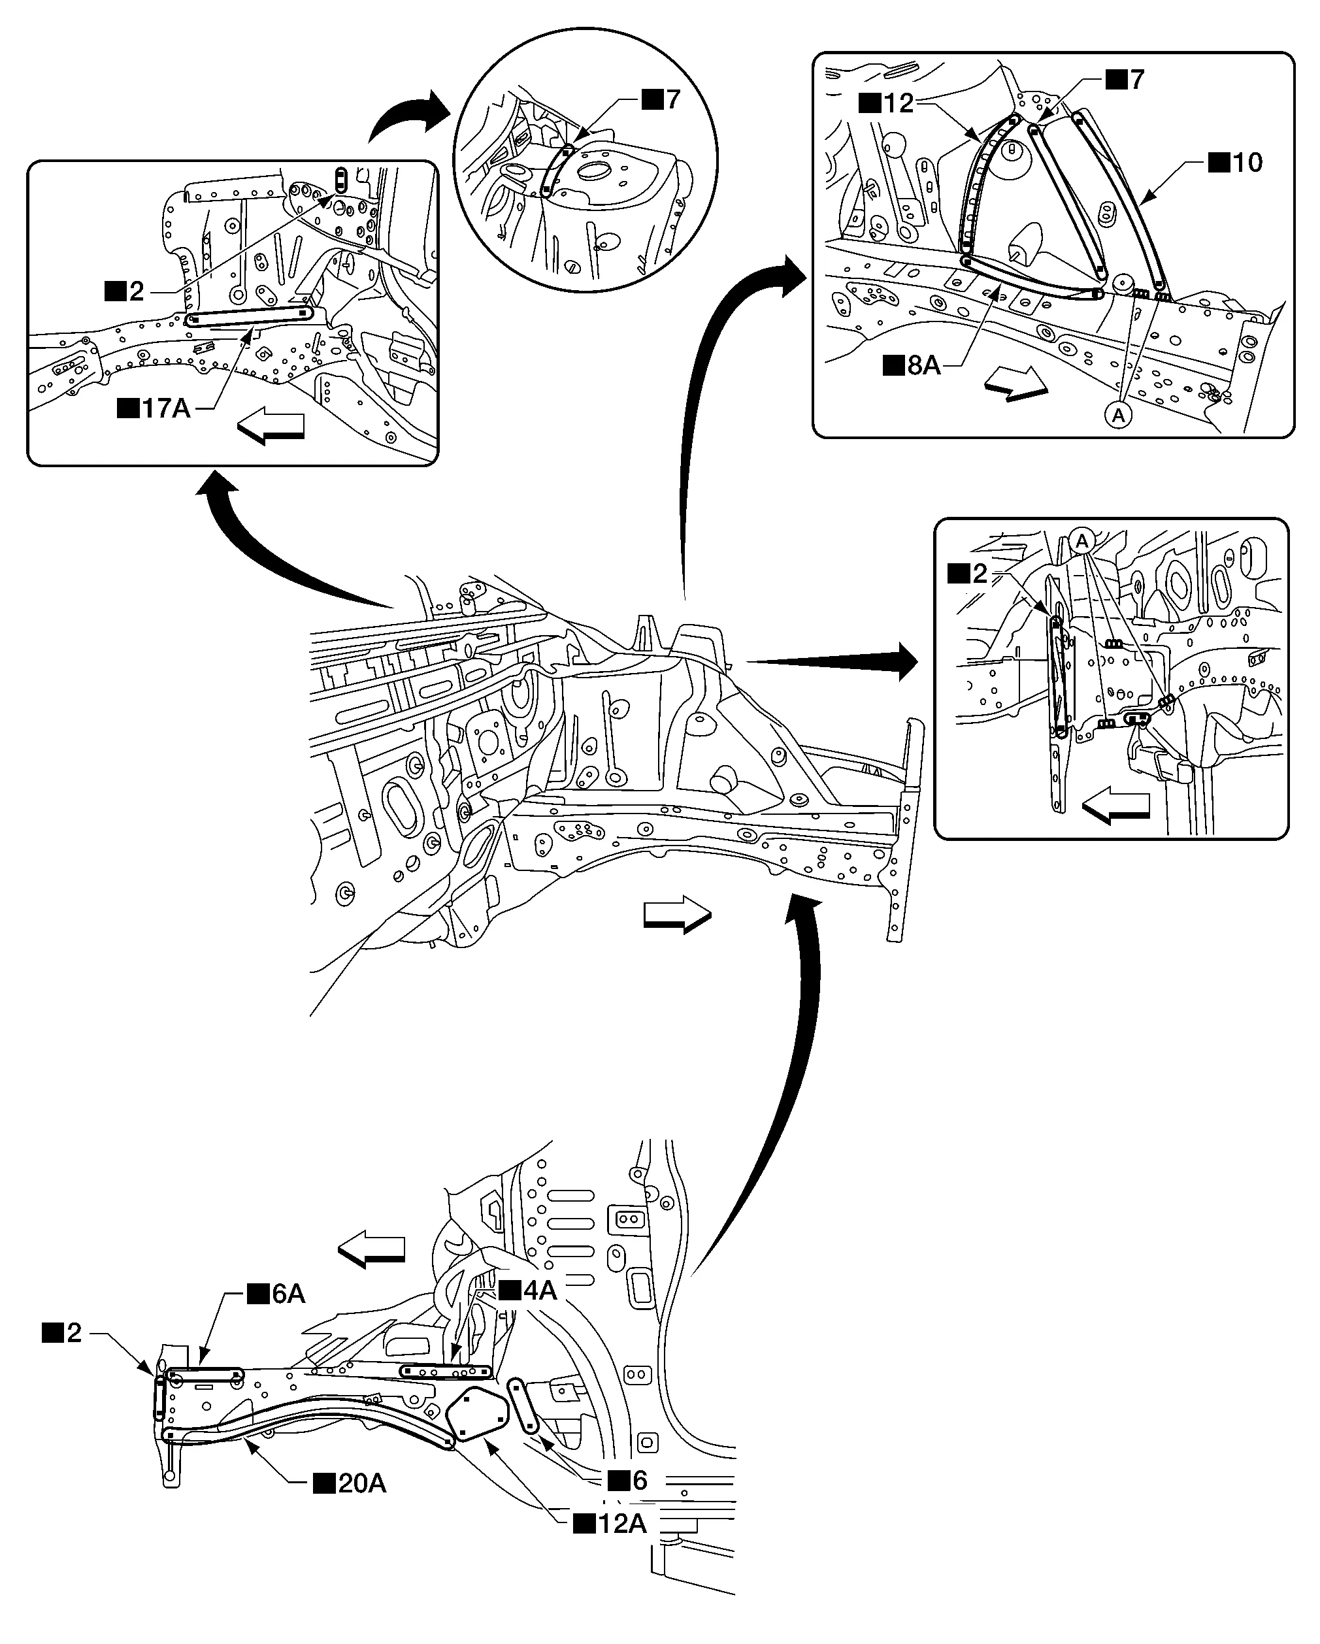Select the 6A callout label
point(277,1293)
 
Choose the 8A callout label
point(912,365)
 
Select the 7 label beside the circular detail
point(661,99)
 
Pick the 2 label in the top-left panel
point(124,291)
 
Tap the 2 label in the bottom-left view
point(63,1332)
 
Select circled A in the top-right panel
point(1119,415)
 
